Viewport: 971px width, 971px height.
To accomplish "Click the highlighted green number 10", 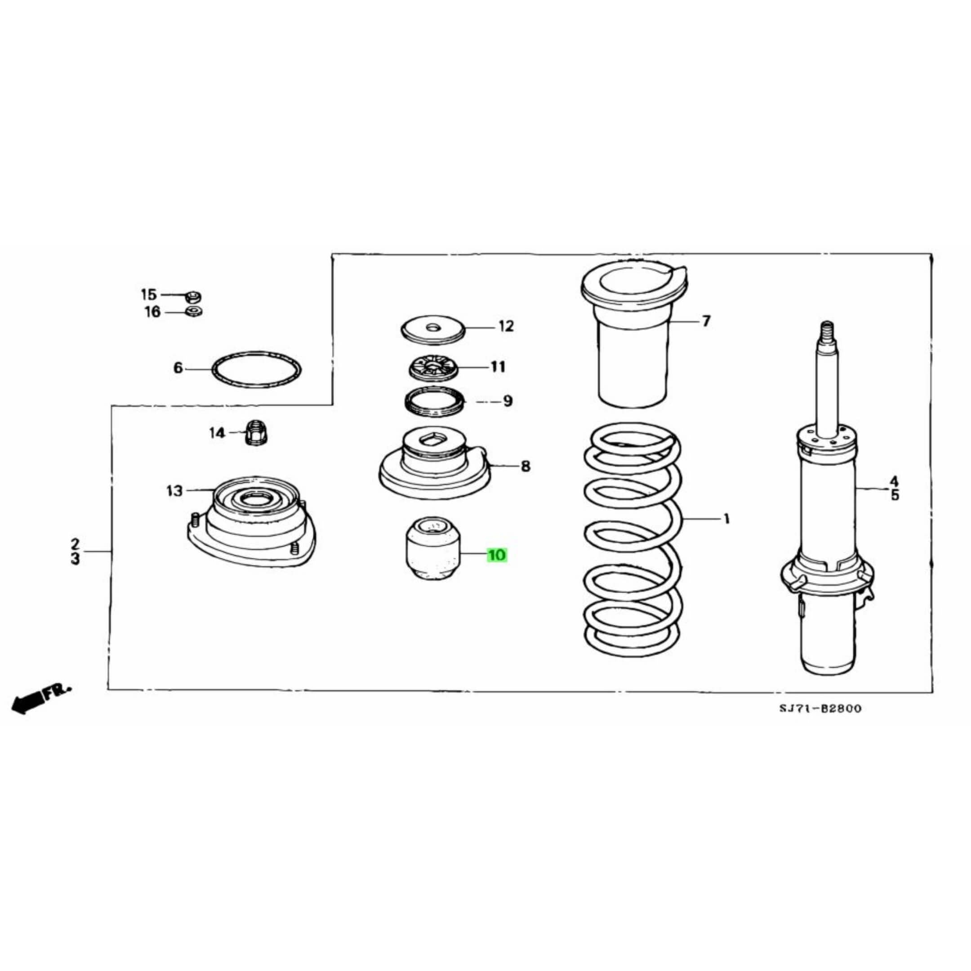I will pyautogui.click(x=497, y=555).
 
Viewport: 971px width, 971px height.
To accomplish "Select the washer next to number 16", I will pyautogui.click(x=193, y=312).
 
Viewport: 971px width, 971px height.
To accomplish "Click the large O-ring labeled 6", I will pyautogui.click(x=257, y=352).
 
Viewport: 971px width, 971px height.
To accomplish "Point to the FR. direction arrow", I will pyautogui.click(x=40, y=697).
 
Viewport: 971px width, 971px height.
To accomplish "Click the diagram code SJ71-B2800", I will pyautogui.click(x=820, y=708).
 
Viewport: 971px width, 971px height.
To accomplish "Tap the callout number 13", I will pyautogui.click(x=174, y=491).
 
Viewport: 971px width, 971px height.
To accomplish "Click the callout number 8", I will pyautogui.click(x=525, y=467).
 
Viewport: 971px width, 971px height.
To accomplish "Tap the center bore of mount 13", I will pyautogui.click(x=255, y=499).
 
